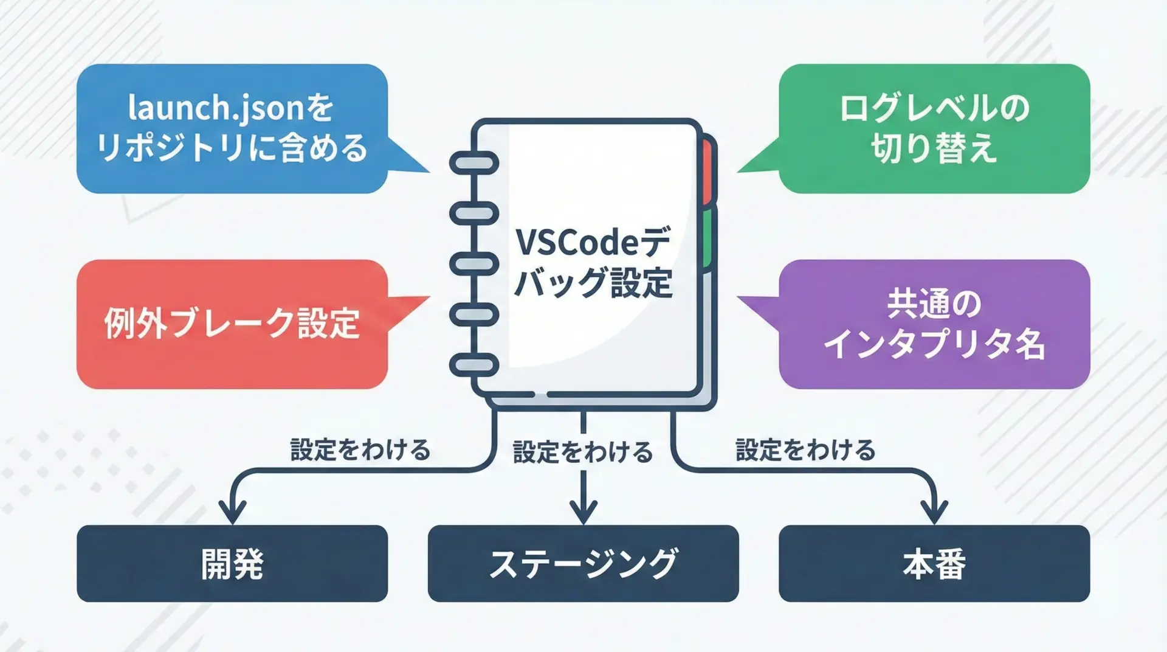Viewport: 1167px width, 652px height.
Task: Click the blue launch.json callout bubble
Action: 232,128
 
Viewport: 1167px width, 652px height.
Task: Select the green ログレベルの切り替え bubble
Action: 934,128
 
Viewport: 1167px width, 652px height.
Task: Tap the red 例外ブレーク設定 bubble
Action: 232,324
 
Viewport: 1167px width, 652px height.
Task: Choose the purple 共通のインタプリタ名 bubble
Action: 934,324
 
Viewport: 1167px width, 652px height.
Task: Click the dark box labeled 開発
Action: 232,563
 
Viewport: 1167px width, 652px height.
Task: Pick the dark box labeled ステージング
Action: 583,563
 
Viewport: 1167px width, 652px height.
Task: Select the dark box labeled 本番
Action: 934,563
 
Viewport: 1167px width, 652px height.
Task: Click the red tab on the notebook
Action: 707,173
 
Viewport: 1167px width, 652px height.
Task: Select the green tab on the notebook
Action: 707,238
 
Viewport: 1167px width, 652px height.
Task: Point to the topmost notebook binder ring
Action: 474,163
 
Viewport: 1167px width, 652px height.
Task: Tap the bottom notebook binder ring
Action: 474,365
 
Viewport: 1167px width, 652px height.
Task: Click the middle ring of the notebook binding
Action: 474,264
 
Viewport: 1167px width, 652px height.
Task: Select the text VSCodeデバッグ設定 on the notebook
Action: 593,263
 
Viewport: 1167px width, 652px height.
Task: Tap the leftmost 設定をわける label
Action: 360,450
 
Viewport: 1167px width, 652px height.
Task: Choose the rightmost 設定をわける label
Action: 805,450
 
